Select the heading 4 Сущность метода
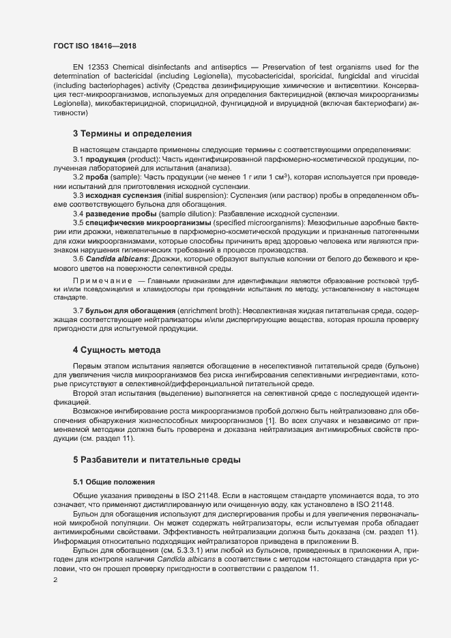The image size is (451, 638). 117,350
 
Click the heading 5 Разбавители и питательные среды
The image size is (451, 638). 157,460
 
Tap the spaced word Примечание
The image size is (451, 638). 102,282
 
